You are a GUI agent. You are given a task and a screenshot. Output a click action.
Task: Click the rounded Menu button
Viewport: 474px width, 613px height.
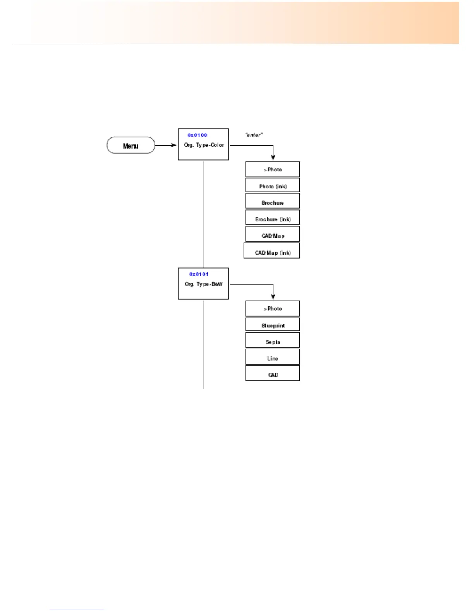[x=131, y=146]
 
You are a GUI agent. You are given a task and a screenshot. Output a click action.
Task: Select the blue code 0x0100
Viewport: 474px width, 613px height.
[x=197, y=135]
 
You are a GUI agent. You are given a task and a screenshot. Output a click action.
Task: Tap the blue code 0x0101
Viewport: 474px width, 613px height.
[x=199, y=274]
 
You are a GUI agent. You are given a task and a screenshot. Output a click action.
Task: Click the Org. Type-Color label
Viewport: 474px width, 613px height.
[x=204, y=145]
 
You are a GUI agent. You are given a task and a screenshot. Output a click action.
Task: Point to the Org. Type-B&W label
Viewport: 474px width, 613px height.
[x=203, y=284]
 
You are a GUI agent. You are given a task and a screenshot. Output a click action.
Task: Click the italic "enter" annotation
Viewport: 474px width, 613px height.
[x=254, y=135]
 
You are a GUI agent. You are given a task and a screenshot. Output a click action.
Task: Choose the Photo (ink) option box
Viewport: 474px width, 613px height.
[x=272, y=185]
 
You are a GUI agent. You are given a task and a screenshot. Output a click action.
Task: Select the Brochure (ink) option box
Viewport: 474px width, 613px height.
[x=272, y=218]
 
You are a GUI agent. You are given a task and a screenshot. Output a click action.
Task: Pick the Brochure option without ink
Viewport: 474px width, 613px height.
[x=272, y=202]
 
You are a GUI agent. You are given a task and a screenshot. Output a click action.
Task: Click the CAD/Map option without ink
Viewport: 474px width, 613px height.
[x=272, y=235]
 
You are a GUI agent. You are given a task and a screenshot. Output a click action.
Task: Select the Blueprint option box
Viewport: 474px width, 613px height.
[x=272, y=325]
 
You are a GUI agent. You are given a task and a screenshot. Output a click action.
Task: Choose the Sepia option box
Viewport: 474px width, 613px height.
[x=272, y=341]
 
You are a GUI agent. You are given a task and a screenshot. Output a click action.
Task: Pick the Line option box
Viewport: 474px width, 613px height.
[x=272, y=357]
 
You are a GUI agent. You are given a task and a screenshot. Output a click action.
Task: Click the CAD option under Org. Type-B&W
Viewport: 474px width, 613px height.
[x=272, y=373]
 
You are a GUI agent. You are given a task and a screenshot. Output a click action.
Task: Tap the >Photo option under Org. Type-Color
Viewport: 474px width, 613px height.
[x=272, y=170]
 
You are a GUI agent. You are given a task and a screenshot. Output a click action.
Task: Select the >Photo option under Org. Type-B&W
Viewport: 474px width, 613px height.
[x=272, y=309]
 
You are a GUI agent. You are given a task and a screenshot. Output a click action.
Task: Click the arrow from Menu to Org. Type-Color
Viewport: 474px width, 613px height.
[x=166, y=146]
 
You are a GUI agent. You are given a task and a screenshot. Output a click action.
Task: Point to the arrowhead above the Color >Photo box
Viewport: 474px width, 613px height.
[x=273, y=157]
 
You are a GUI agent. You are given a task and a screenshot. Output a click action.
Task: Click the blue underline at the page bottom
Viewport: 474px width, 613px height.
[x=77, y=610]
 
